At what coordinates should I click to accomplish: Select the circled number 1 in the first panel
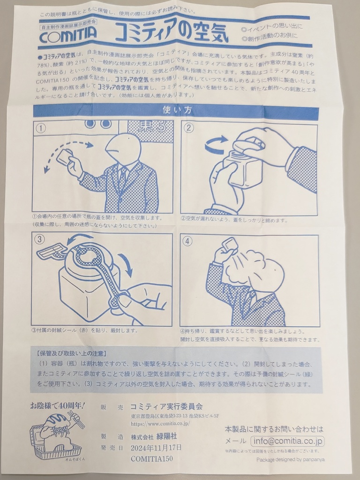pyautogui.click(x=42, y=128)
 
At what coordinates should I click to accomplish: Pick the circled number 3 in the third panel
pyautogui.click(x=41, y=240)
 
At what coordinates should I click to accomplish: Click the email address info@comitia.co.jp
pyautogui.click(x=287, y=441)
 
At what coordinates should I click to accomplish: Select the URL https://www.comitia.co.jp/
pyautogui.click(x=160, y=423)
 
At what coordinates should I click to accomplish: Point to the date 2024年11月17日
pyautogui.click(x=156, y=447)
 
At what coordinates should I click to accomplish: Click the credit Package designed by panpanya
pyautogui.click(x=290, y=459)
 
